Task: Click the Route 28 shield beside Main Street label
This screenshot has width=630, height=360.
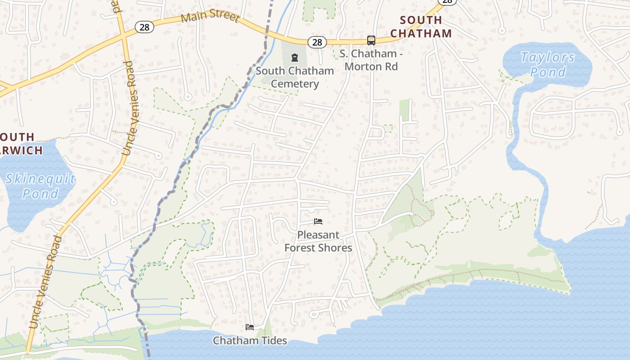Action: [x=144, y=27]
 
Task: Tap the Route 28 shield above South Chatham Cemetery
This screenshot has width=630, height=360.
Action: [x=317, y=42]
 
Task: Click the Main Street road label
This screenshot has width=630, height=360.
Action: [x=210, y=17]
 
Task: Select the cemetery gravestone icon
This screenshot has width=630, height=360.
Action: [x=294, y=58]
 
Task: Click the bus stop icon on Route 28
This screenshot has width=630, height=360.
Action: [x=371, y=40]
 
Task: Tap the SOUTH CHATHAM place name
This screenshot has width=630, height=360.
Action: [x=421, y=27]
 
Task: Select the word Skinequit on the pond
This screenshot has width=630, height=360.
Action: [x=40, y=179]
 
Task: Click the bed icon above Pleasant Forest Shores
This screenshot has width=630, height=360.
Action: [x=318, y=221]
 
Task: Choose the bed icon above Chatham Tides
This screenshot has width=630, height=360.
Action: [x=250, y=327]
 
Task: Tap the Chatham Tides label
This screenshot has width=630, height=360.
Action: [x=250, y=341]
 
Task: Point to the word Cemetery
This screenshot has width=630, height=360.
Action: [x=295, y=84]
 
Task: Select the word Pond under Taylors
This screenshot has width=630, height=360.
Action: [x=548, y=72]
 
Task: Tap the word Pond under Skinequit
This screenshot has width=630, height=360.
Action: [x=40, y=194]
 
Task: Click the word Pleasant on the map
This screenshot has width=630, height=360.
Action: [x=318, y=235]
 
